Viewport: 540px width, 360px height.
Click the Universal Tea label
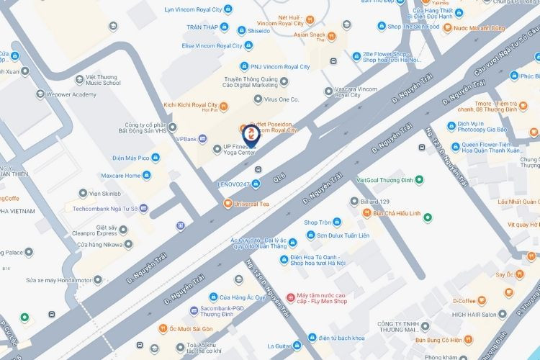coord(251,204)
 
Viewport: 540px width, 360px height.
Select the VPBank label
coord(186,138)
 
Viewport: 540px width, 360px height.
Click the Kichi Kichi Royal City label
coord(191,105)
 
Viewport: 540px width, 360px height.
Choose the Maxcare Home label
coord(120,175)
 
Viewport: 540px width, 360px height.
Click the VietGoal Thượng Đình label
coord(384,179)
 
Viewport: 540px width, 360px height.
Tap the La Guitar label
coord(282,346)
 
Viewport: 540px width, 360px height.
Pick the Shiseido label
coord(258,31)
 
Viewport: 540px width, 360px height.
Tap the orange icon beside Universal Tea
coord(228,204)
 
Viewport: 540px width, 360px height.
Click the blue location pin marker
coord(250,135)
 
